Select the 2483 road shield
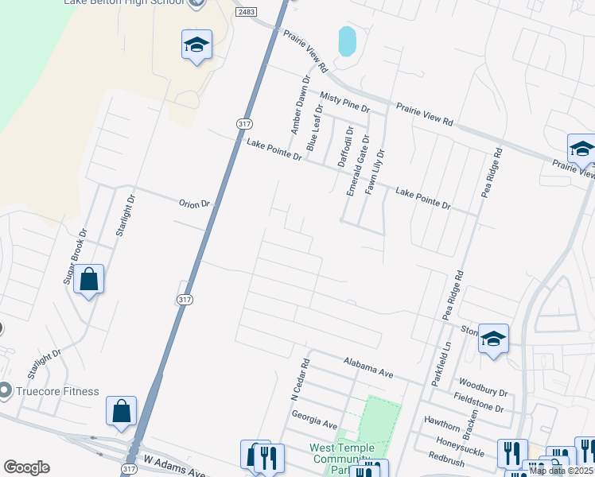tap(246, 14)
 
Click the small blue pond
tap(347, 41)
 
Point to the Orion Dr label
tap(194, 204)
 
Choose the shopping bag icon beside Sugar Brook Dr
tap(89, 280)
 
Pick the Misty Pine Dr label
tap(345, 101)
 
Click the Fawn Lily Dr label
tap(375, 172)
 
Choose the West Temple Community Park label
tap(341, 459)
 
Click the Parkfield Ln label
tap(441, 363)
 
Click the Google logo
tap(26, 467)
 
